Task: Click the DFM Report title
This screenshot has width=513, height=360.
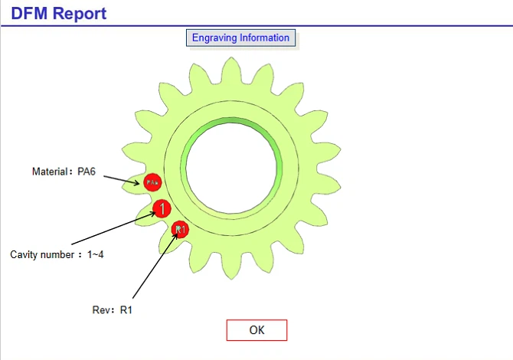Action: coord(59,13)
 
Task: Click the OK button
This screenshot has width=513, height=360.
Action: coord(256,330)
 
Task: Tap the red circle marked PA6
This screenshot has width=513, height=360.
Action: coord(152,182)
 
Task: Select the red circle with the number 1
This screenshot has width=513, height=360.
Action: coord(162,208)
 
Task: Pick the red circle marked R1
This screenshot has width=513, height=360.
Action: coord(180,228)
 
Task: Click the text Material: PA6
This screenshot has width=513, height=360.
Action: coord(64,172)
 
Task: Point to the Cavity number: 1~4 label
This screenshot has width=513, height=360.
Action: coord(57,254)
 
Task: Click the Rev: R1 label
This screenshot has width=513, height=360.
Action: coord(112,309)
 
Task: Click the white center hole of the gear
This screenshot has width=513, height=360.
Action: coord(230,165)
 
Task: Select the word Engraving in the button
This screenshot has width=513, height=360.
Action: coord(214,38)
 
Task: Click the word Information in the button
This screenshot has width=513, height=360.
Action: coord(265,38)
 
